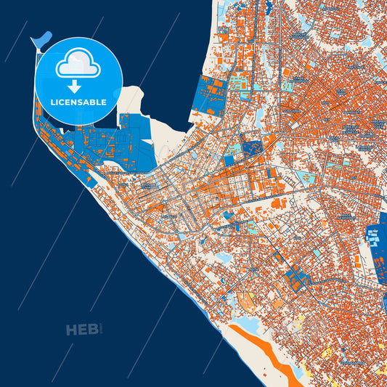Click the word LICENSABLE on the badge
pos(79,102)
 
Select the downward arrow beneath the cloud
pos(79,85)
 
